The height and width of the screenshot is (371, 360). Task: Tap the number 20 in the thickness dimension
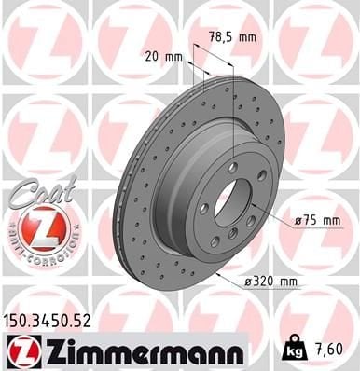tap(153, 56)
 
